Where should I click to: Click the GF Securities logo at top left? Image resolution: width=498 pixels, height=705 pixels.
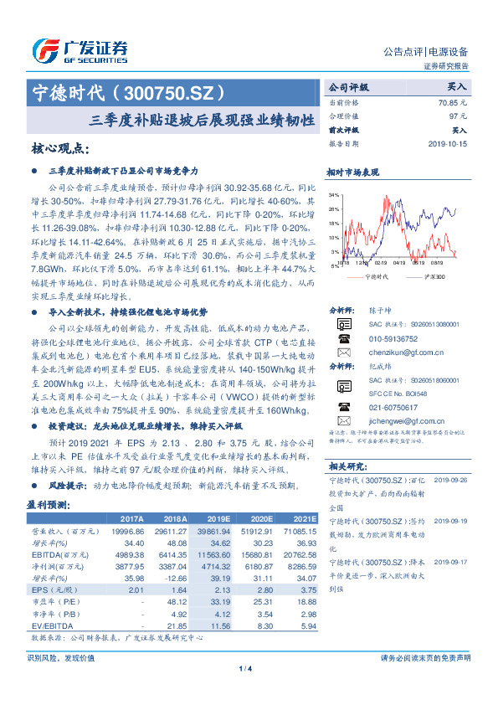coord(80,49)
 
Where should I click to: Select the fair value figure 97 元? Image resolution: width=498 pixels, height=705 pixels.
coord(457,116)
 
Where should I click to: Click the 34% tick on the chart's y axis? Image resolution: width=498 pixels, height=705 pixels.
coord(333,195)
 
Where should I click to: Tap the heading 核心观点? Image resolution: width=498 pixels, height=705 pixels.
coord(60,149)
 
